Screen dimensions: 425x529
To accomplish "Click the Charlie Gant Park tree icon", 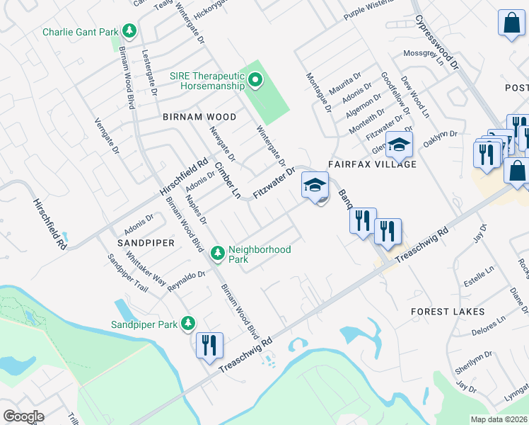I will (129, 31).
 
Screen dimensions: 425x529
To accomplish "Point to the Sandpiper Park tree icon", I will (187, 324).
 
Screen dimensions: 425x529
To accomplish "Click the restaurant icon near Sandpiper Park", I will (209, 346).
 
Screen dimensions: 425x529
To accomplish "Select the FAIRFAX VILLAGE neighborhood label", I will (371, 164).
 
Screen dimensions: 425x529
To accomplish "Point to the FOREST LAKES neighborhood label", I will (448, 312).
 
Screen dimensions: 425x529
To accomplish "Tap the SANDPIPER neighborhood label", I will (141, 243).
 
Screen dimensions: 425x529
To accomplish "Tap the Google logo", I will (23, 416).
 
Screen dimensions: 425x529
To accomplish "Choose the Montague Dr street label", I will (318, 92).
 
